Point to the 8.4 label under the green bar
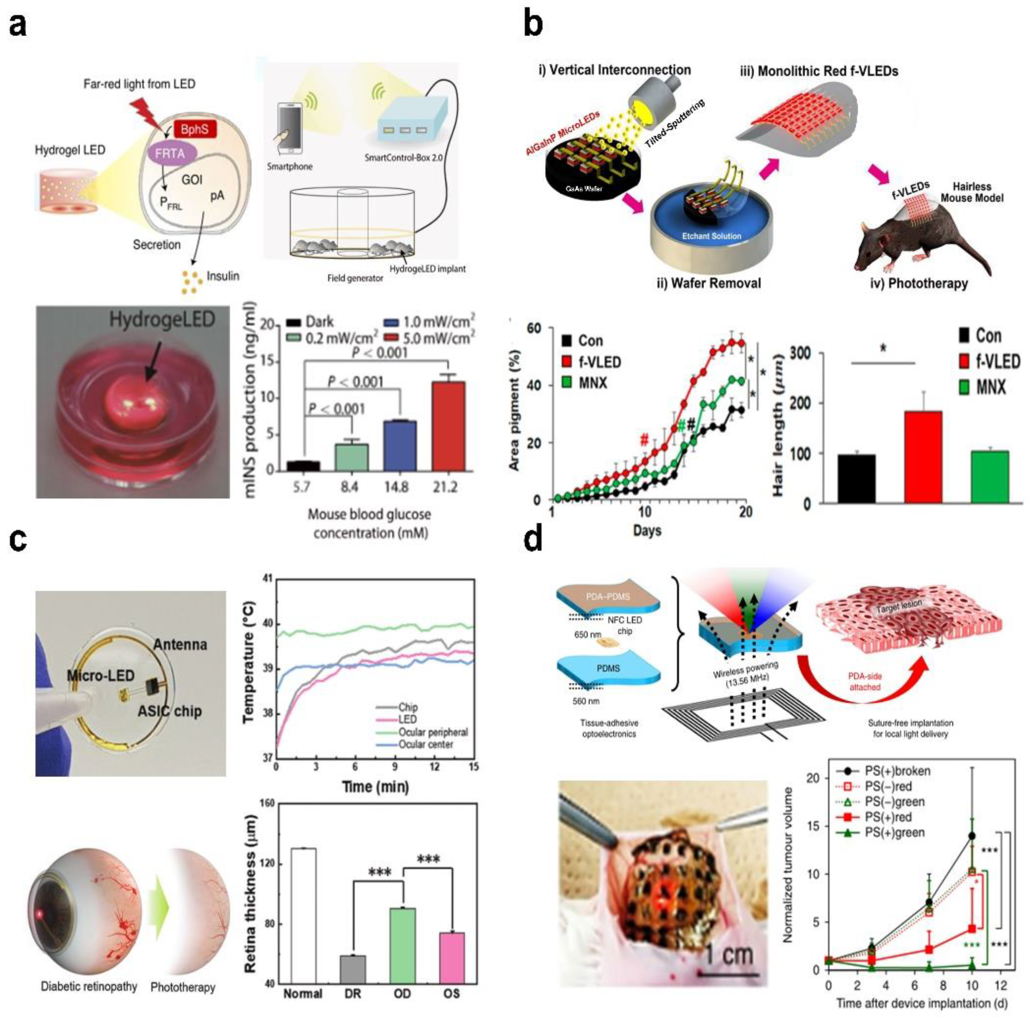(x=349, y=487)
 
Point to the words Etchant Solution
(x=711, y=236)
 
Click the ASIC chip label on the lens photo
(x=169, y=711)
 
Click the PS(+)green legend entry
(x=894, y=832)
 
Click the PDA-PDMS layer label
(x=608, y=597)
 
